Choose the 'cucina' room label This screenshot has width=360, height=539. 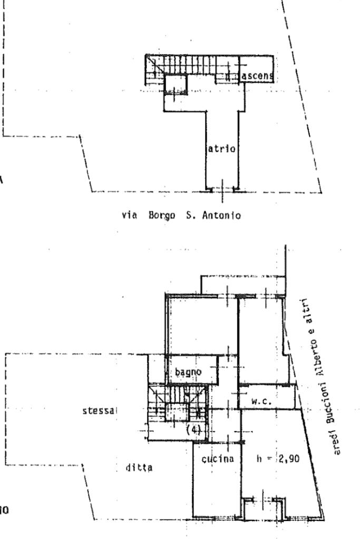coord(215,459)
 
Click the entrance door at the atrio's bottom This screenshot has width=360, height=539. coord(222,189)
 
